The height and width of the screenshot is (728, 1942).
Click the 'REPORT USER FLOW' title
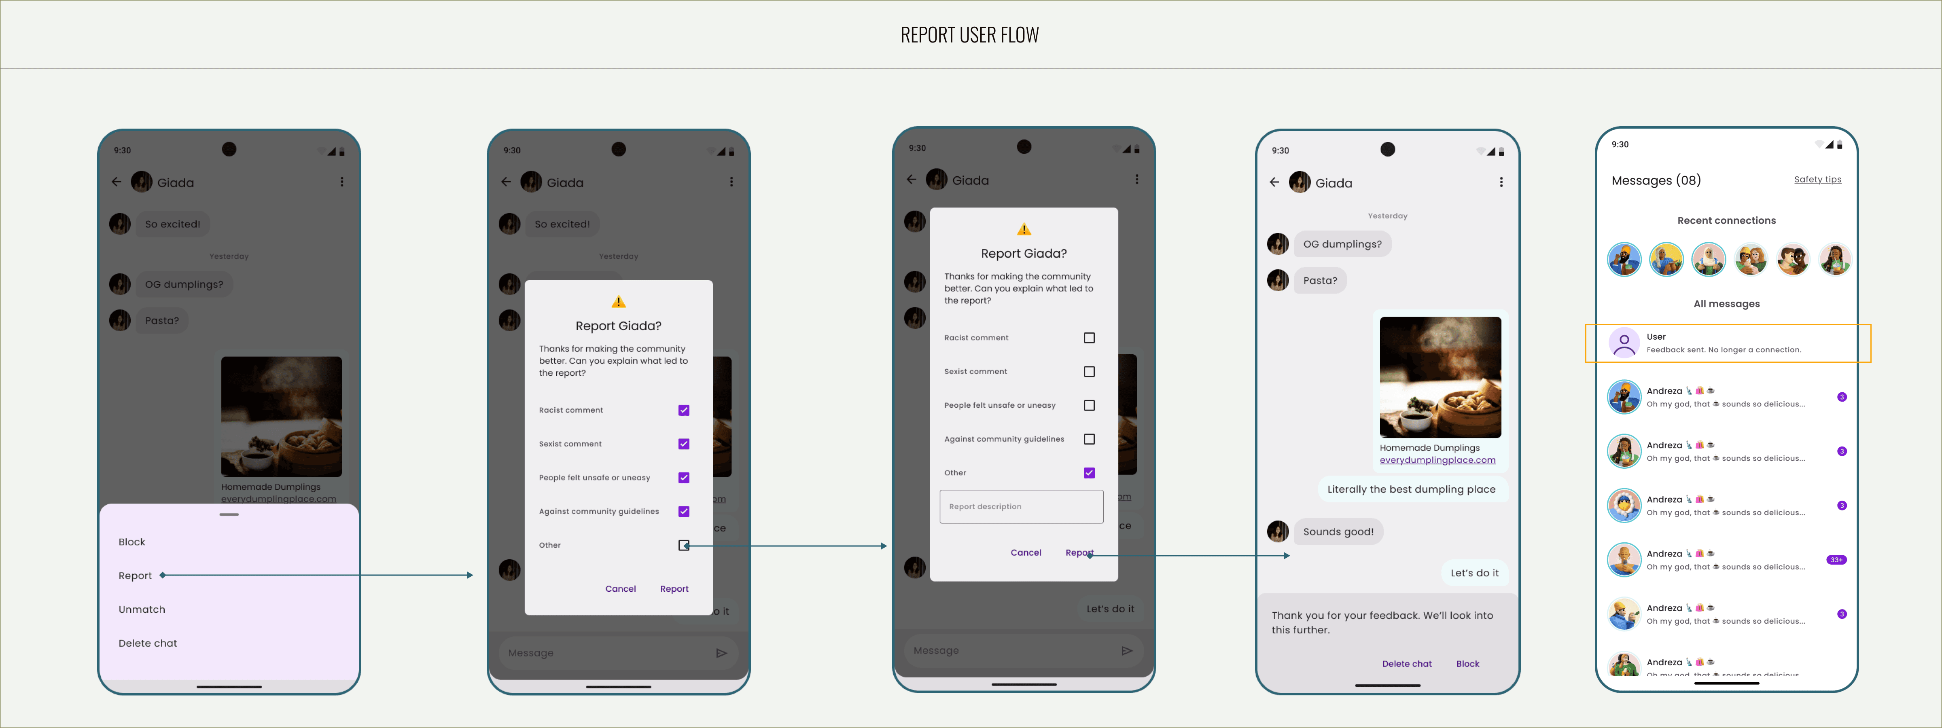[969, 35]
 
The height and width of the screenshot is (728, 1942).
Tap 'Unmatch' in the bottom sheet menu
[142, 609]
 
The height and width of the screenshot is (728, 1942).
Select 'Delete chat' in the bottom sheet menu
[148, 643]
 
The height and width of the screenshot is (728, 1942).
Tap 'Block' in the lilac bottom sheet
[132, 542]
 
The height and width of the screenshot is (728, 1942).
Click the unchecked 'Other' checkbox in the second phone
[684, 545]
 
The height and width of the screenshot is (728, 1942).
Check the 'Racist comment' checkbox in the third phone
[1089, 338]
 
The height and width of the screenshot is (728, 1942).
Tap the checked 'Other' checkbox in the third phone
[1089, 472]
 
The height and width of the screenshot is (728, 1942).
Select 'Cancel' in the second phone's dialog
[621, 588]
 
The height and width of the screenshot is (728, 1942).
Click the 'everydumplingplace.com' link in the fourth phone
[1437, 460]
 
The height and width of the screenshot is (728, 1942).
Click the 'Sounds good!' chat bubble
[1338, 531]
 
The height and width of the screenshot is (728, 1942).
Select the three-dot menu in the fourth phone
[1501, 182]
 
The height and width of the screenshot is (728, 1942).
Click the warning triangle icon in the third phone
[1024, 229]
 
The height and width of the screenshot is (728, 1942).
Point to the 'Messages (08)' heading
[1656, 180]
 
